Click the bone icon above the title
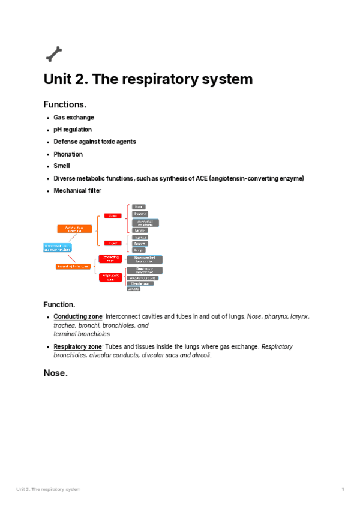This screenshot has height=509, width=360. (x=53, y=54)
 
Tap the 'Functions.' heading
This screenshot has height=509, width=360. (x=69, y=104)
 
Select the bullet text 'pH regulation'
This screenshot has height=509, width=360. (x=73, y=130)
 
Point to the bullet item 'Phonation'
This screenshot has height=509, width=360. (x=68, y=154)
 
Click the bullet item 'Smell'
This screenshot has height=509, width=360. (x=62, y=166)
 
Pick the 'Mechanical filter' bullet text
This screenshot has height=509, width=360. (x=77, y=191)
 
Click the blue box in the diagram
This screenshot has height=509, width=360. (x=58, y=247)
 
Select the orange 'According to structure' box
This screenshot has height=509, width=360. (x=74, y=229)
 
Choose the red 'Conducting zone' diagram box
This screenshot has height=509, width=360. (x=110, y=258)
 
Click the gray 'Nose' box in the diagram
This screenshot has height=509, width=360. (x=139, y=206)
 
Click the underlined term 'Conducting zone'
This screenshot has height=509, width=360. (x=78, y=316)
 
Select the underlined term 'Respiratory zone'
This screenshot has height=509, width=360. (x=78, y=347)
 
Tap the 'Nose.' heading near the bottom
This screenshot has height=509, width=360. (x=55, y=373)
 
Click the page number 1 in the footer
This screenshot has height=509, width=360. (x=343, y=490)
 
